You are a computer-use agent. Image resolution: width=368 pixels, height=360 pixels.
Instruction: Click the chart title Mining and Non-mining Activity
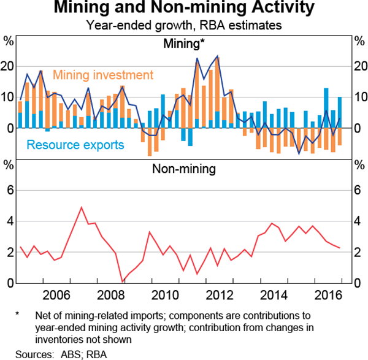[185, 9]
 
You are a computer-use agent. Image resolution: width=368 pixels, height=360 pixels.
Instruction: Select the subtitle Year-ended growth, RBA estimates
[185, 26]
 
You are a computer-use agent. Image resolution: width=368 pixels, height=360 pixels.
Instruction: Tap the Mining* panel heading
[184, 44]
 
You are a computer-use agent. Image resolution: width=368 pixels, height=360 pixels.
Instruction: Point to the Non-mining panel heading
[184, 168]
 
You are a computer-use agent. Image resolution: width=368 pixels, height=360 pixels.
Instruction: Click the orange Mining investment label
[102, 75]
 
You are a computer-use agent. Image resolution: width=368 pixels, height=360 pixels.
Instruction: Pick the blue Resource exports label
[75, 145]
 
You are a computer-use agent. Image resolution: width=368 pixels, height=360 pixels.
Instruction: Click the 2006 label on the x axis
[59, 294]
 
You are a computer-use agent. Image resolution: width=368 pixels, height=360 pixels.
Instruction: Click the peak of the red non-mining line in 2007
[82, 207]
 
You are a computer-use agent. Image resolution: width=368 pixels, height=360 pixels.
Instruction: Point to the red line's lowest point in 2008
[123, 281]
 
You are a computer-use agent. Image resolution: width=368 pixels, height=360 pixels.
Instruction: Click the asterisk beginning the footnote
[18, 315]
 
